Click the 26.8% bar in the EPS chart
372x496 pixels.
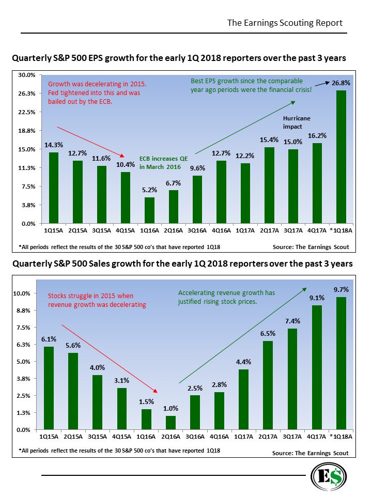click(x=341, y=157)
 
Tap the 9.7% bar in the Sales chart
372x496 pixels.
click(x=341, y=363)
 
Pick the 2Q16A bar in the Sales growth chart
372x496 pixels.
click(x=171, y=423)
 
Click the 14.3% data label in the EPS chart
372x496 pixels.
click(x=53, y=145)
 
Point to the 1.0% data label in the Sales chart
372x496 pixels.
click(x=171, y=409)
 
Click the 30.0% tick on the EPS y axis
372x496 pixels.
click(x=27, y=75)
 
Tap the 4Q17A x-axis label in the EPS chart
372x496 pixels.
click(x=317, y=231)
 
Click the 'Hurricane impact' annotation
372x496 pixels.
click(x=297, y=122)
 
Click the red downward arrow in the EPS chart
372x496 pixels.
click(x=90, y=141)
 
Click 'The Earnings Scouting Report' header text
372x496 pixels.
click(x=285, y=23)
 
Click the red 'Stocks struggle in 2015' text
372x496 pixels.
click(x=97, y=300)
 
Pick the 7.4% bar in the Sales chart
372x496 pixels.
click(x=292, y=379)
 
